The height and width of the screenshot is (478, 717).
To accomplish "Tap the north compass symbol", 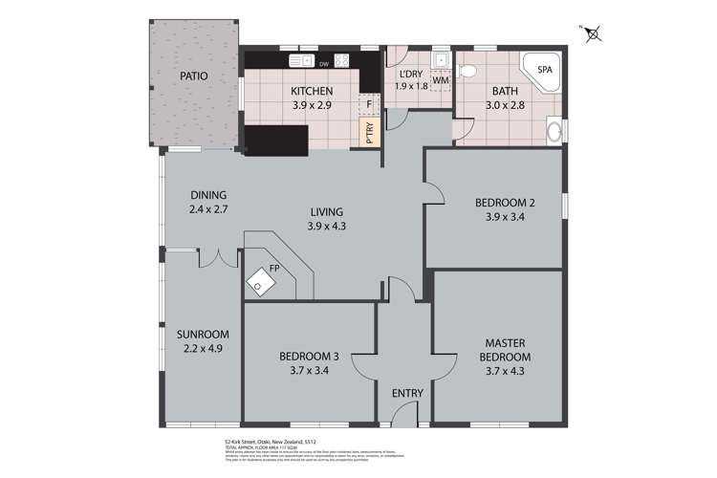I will point(593,34).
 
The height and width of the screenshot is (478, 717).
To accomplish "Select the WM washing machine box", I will point(441,81).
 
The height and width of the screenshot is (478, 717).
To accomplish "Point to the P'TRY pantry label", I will point(368,134).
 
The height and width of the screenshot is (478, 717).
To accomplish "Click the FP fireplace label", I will point(273,270).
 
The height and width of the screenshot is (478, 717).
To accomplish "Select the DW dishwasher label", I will point(325,65).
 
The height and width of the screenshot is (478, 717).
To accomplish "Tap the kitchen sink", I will point(298,61).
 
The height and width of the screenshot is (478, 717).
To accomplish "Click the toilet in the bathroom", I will point(468,72).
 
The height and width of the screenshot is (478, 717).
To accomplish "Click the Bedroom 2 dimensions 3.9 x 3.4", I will point(504,216).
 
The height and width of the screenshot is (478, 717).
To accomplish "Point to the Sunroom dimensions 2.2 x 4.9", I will point(202,349).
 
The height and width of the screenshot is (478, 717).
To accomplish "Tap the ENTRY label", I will point(406,393).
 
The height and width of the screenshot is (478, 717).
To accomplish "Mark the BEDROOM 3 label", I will point(309,358).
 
